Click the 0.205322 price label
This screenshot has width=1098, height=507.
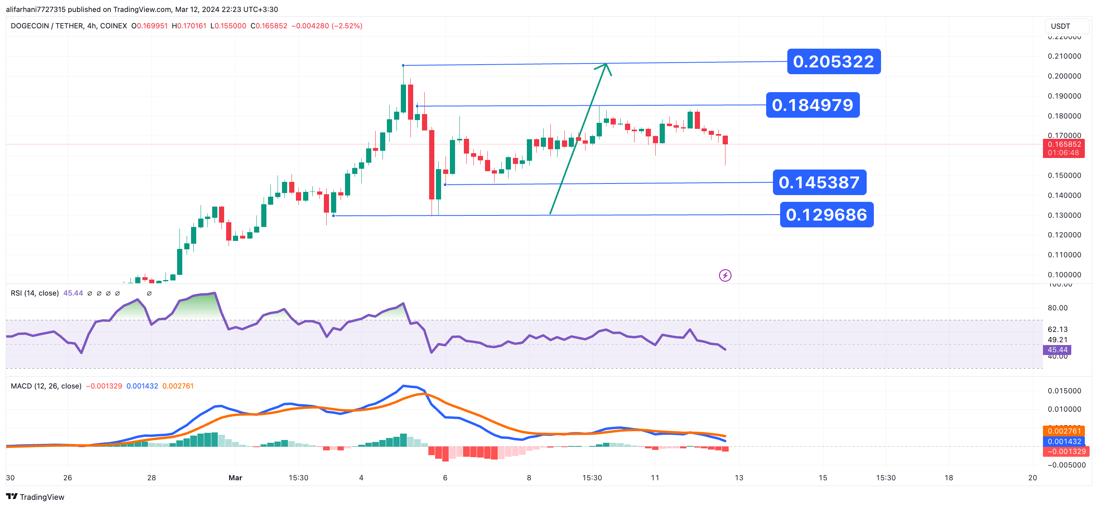click(x=833, y=61)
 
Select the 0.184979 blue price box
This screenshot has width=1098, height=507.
click(x=812, y=105)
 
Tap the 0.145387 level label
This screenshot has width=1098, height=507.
click(x=819, y=183)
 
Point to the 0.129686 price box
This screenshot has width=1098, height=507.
click(x=826, y=215)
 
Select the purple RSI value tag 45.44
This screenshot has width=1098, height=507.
click(x=1057, y=350)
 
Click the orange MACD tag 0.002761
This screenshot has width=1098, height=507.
click(x=1064, y=431)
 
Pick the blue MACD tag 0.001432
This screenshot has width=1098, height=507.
click(x=1064, y=441)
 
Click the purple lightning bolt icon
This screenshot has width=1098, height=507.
click(x=725, y=276)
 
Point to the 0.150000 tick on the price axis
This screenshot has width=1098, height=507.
click(x=1064, y=176)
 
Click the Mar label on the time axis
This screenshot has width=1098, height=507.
click(x=235, y=477)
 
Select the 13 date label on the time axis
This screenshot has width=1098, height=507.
click(x=739, y=477)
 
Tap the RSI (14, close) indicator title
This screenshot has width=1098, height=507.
click(x=35, y=293)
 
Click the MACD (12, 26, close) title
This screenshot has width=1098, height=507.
click(x=46, y=386)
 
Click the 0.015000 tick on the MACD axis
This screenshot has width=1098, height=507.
click(x=1064, y=391)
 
